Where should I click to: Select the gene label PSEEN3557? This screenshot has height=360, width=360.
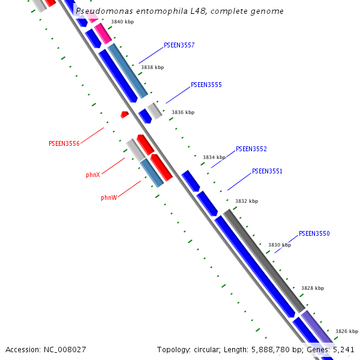coord(179,46)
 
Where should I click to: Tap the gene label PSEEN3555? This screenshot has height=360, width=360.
coord(206,85)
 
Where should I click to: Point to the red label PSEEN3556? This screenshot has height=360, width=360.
coord(64,144)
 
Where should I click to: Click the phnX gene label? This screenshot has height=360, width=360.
coord(93,175)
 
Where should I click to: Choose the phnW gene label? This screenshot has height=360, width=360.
coord(109,197)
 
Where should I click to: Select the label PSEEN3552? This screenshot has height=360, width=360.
coord(251,149)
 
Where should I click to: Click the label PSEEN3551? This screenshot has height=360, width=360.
coord(267,172)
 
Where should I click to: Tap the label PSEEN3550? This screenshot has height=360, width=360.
coord(314,234)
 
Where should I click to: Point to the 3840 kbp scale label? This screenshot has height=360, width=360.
coord(122,22)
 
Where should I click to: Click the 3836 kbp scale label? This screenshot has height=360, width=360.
coord(183,113)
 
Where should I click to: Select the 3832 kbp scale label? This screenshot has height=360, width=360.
coord(246,202)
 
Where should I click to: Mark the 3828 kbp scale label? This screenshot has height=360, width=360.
coord(312,289)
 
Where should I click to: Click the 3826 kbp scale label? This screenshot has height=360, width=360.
coord(346,332)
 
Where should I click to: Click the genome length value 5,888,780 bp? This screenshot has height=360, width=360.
coord(267,349)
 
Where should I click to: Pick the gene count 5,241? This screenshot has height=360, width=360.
coord(343,349)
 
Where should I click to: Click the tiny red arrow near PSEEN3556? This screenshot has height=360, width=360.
coord(124,115)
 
